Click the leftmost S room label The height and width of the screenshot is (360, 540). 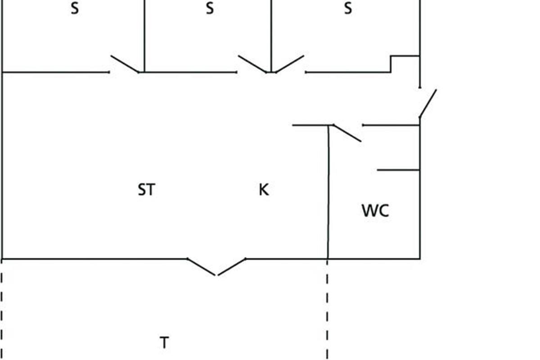click(75, 9)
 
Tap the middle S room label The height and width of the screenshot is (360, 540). click(210, 9)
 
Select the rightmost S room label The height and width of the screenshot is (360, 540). click(348, 9)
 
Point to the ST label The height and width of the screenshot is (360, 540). click(146, 190)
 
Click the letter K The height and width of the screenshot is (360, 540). click(264, 190)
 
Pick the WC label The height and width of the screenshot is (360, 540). click(375, 211)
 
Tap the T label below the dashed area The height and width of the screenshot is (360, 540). click(164, 343)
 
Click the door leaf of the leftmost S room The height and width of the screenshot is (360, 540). click(125, 64)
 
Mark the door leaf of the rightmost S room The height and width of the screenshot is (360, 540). click(290, 64)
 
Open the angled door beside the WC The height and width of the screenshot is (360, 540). click(347, 133)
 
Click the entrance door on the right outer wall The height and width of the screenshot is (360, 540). click(428, 103)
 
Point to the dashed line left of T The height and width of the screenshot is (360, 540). click(2, 310)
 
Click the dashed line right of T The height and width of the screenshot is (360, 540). click(327, 310)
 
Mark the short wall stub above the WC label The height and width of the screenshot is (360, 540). click(398, 170)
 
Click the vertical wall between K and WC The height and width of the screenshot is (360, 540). click(328, 193)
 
